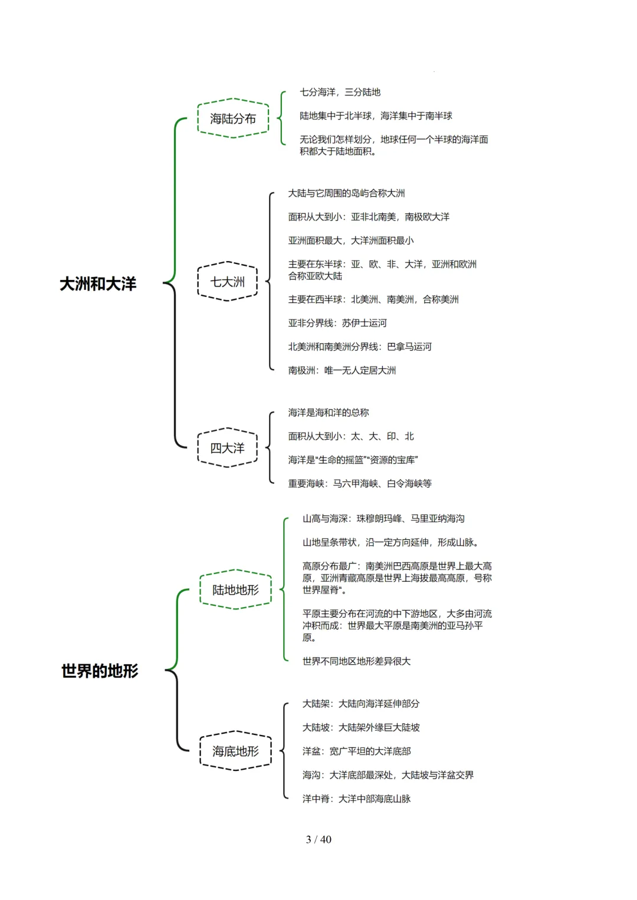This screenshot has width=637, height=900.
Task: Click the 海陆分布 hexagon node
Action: coord(233,118)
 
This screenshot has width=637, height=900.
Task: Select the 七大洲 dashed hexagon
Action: coord(227,282)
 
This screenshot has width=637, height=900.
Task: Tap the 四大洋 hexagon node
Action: coord(227,448)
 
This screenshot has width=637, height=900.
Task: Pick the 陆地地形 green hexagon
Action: coord(235,589)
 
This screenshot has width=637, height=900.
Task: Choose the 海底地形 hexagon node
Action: coord(235,751)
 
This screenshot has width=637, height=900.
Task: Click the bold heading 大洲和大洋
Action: coord(98,283)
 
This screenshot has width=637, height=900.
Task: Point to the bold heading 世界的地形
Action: coord(100,671)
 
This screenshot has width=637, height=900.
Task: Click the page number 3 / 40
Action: coord(318,839)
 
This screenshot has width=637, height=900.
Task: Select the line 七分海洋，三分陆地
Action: coord(340,92)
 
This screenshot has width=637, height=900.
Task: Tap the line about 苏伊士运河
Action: coord(337,323)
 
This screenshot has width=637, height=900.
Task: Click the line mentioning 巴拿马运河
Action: coord(360,347)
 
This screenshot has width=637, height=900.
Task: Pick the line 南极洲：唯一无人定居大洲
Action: coord(342,370)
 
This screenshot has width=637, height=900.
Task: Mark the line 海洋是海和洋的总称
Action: coord(329,413)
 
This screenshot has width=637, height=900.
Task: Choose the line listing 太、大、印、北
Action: coord(351,436)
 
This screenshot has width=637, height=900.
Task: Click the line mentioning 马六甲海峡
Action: coord(360,483)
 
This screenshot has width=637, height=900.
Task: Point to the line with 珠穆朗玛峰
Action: coord(383,519)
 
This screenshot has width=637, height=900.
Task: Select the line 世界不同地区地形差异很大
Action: coord(356,661)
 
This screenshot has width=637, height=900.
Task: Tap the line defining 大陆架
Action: coord(361,704)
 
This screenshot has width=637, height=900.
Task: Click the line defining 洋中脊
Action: coord(356,799)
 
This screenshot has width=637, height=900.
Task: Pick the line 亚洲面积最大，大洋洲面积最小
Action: coord(351,240)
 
